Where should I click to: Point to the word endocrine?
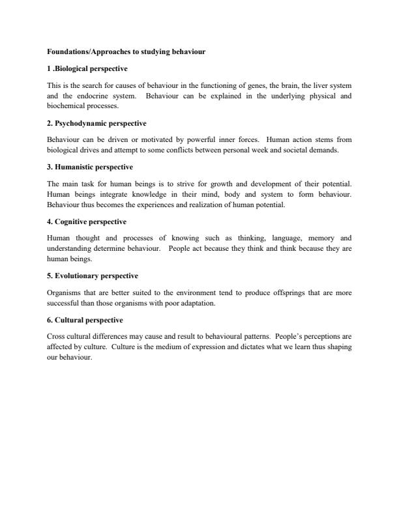[x=86, y=95]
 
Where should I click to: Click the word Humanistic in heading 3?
[x=76, y=167]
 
